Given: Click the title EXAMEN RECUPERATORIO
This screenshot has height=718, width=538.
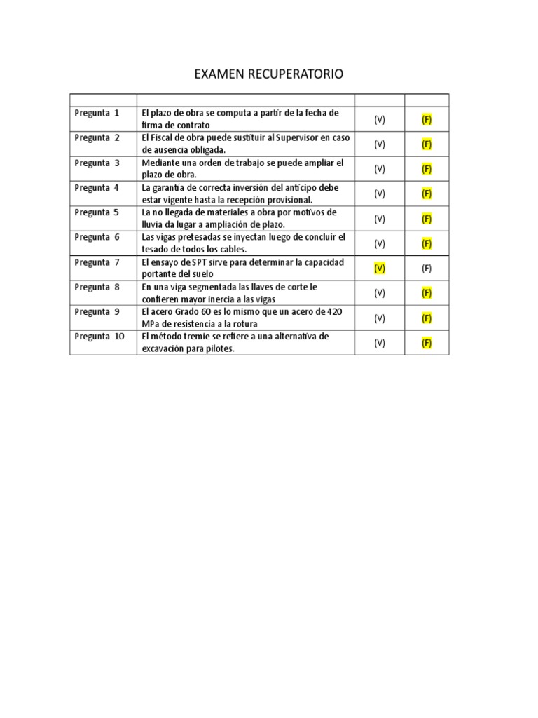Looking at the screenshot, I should click(268, 74).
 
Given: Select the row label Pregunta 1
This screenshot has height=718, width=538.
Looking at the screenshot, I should click(97, 113).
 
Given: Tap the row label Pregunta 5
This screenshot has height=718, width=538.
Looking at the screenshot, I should click(97, 212).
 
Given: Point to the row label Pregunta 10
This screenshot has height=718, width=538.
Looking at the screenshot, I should click(99, 337).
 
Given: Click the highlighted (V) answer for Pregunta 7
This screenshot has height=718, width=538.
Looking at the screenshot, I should click(379, 268).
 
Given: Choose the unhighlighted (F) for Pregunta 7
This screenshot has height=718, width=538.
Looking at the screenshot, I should click(427, 268).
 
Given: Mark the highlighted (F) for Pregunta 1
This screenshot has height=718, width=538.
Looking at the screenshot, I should click(427, 119).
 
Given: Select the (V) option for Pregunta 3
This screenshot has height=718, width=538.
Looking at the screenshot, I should click(379, 169).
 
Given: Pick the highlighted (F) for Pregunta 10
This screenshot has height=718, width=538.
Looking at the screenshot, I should click(427, 343).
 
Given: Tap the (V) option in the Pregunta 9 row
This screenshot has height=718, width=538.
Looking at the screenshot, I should click(379, 318).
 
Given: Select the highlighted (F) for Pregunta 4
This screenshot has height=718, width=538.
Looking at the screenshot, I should click(427, 194).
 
